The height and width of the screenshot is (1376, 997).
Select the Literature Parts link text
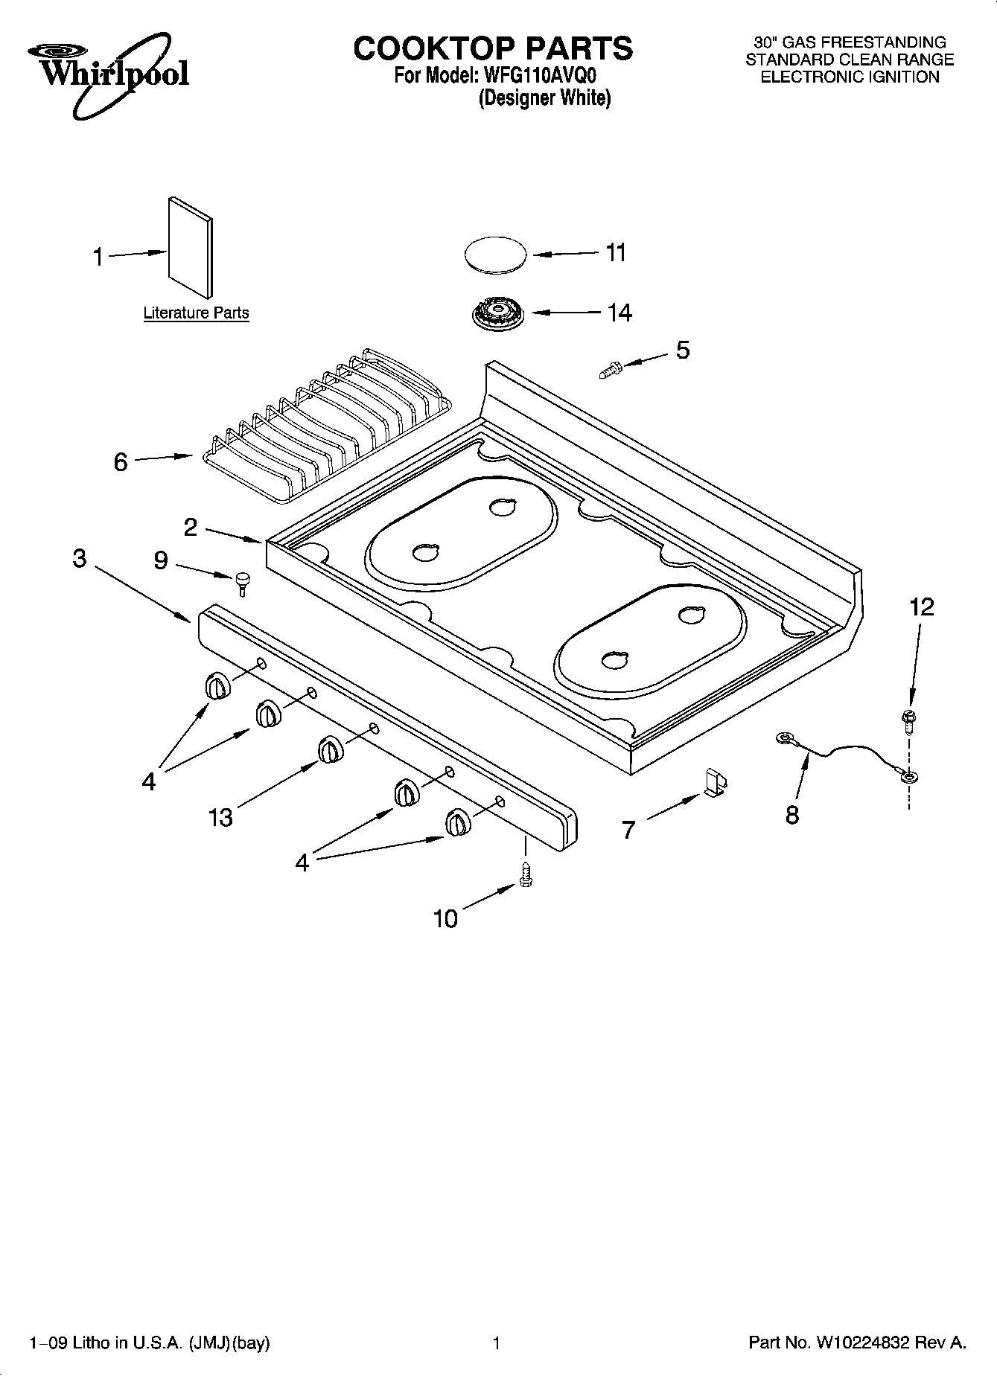(196, 313)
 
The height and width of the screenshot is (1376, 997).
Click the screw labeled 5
(610, 368)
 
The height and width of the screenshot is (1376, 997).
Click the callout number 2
(191, 528)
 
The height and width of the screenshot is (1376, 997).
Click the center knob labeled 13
(331, 749)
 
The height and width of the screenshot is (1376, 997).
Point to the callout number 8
(791, 815)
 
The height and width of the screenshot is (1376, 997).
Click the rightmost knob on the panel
(457, 823)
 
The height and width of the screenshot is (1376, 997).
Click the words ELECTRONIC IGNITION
(849, 77)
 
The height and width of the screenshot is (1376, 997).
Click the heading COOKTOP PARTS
(493, 48)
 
